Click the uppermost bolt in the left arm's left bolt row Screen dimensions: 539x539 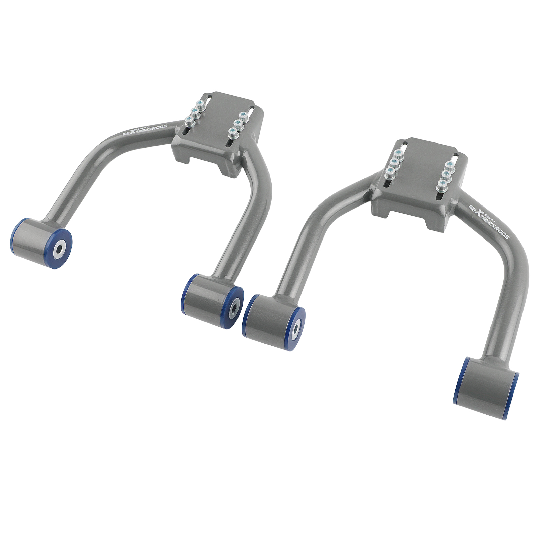[x=201, y=104]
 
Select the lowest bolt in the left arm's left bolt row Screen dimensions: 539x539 [x=189, y=120]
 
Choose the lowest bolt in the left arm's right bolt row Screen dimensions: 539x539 [x=232, y=131]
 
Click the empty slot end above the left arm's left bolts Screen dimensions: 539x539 [x=208, y=98]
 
